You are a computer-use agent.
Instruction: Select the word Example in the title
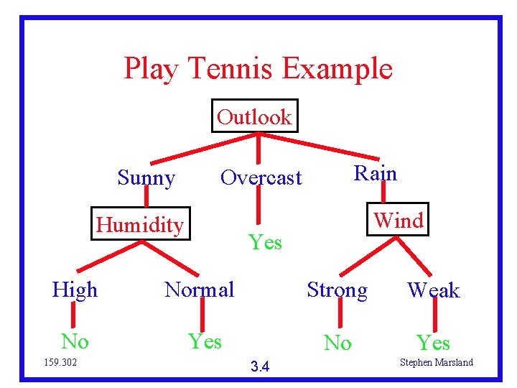point(337,70)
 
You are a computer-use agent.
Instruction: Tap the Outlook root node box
point(254,116)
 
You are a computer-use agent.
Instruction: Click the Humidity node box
point(140,225)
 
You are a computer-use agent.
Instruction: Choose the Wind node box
point(399,220)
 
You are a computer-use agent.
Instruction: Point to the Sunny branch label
point(146,177)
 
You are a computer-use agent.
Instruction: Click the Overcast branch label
point(261,177)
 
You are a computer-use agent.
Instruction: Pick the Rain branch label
point(375,173)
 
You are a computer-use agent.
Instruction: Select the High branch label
point(75,290)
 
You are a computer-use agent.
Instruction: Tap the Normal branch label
point(200,290)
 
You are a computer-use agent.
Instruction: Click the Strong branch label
point(337,290)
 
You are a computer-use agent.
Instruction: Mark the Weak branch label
point(433,290)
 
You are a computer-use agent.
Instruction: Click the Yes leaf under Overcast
point(265,243)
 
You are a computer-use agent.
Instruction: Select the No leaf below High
point(75,340)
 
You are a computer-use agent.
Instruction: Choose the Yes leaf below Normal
point(205,341)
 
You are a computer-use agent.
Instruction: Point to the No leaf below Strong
point(337,343)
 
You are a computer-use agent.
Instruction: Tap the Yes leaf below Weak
point(434,343)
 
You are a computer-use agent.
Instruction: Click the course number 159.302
point(60,362)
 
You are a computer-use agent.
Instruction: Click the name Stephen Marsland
point(436,362)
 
